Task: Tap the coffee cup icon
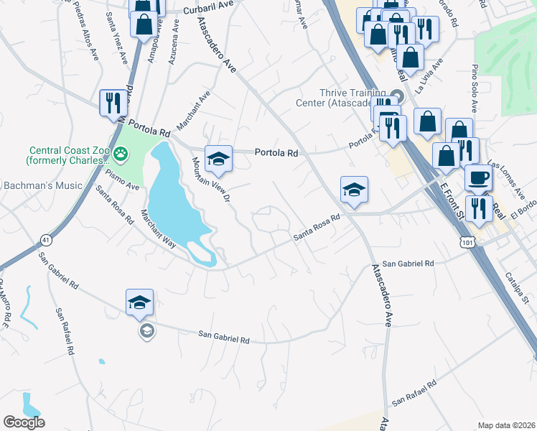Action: [479, 177]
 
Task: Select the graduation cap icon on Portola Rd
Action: [219, 159]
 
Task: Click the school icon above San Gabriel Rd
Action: [140, 302]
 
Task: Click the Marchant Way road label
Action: [159, 228]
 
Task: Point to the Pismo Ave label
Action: [122, 180]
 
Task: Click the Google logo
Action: [24, 422]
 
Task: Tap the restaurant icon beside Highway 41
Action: [111, 103]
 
